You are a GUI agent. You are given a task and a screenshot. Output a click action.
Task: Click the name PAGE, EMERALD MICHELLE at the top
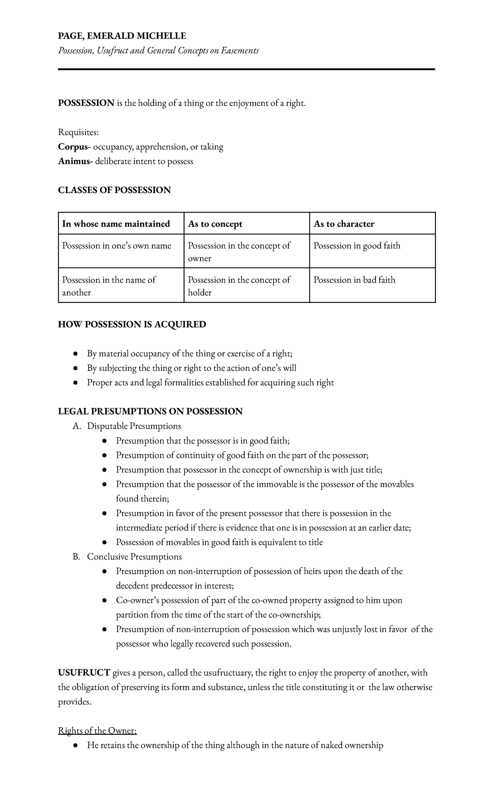(122, 36)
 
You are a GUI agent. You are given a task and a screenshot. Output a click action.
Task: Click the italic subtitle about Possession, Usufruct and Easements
(158, 51)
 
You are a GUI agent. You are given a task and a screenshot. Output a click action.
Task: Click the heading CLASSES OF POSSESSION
(114, 190)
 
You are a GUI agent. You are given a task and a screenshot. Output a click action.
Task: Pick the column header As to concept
(215, 224)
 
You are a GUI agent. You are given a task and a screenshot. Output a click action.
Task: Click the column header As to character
(344, 224)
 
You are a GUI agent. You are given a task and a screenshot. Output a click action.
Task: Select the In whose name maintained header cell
(116, 224)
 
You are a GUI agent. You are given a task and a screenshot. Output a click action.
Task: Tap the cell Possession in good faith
(357, 246)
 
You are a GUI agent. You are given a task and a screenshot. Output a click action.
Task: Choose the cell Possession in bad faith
(354, 280)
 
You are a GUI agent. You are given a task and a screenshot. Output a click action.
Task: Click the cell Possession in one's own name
(116, 246)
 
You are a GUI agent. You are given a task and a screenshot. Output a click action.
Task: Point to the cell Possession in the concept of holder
(239, 286)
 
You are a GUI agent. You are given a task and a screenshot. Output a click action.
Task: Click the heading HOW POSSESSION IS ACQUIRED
(132, 325)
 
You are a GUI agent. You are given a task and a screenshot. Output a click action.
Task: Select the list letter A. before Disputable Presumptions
(76, 426)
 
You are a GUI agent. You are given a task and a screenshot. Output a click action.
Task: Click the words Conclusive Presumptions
(134, 557)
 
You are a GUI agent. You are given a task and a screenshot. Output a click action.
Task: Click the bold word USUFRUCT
(84, 673)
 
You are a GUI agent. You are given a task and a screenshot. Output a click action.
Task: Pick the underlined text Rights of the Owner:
(97, 731)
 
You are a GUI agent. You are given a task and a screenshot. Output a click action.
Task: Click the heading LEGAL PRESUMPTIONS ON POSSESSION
(150, 411)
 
